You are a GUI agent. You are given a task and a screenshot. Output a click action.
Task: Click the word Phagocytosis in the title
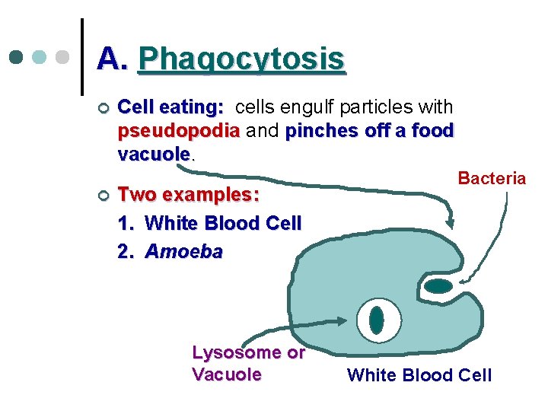click(x=242, y=59)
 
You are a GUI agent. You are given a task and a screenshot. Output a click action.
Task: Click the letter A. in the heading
click(x=113, y=59)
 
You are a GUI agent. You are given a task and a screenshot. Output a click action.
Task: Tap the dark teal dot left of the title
click(x=17, y=58)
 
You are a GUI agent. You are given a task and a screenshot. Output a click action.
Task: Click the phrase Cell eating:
click(x=171, y=107)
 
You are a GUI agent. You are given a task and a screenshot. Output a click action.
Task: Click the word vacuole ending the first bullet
click(x=154, y=154)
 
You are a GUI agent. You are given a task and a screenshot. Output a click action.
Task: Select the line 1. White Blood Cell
click(x=210, y=223)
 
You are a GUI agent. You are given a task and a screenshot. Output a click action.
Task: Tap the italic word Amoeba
click(x=183, y=251)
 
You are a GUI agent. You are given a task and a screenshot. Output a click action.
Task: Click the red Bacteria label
click(x=492, y=178)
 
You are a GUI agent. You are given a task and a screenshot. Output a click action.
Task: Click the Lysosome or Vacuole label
click(x=248, y=363)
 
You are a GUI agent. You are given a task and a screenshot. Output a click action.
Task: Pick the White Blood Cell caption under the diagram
click(x=419, y=374)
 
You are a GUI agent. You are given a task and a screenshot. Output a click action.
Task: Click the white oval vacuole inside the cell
click(x=376, y=319)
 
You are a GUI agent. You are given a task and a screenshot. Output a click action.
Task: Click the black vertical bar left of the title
click(x=81, y=57)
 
